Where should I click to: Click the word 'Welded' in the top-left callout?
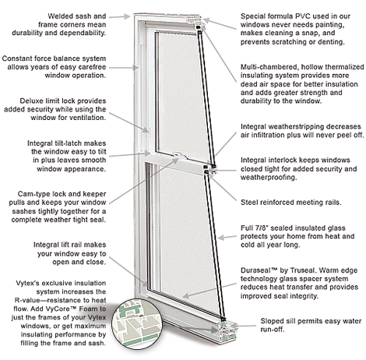pyautogui.click(x=60, y=16)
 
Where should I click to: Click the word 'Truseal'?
pyautogui.click(x=302, y=270)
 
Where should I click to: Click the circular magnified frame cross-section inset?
pyautogui.click(x=137, y=323)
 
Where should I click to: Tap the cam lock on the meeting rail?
pyautogui.click(x=179, y=157)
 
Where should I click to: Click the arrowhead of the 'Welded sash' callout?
pyautogui.click(x=127, y=16)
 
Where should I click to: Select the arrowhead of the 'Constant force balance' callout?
pyautogui.click(x=135, y=68)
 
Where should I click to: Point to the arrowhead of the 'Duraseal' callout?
pyautogui.click(x=185, y=295)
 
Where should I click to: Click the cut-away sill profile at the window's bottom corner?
pyautogui.click(x=228, y=330)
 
